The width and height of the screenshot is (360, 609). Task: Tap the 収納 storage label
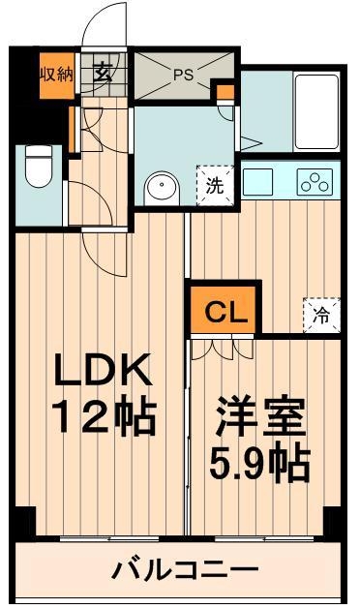pyautogui.click(x=55, y=74)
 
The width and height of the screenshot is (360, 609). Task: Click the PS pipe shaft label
pyautogui.click(x=183, y=73)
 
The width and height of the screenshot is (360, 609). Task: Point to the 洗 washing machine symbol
pyautogui.click(x=215, y=186)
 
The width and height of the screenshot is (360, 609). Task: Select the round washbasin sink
pyautogui.click(x=160, y=188)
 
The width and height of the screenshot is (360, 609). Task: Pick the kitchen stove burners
pyautogui.click(x=315, y=181)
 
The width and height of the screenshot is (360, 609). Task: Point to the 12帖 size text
pyautogui.click(x=104, y=419)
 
